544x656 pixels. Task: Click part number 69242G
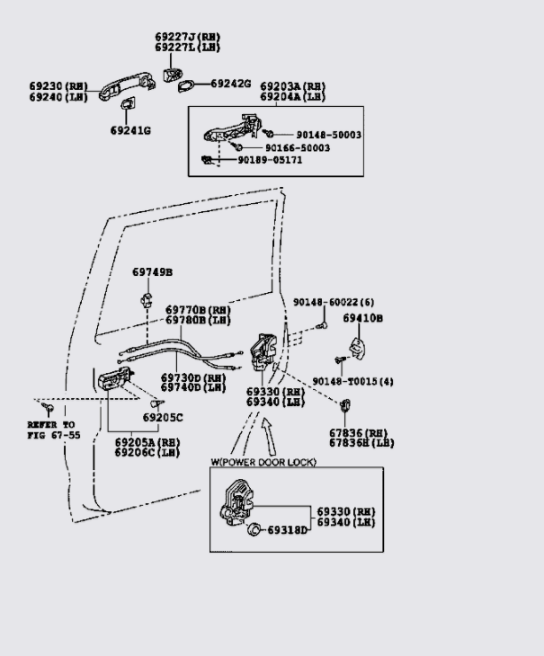[231, 84]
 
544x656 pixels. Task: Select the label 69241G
[130, 130]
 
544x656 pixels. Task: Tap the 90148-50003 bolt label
[316, 135]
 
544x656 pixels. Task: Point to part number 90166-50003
[297, 147]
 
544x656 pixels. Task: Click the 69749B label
[152, 271]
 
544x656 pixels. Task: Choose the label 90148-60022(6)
[333, 302]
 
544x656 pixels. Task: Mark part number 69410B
[363, 318]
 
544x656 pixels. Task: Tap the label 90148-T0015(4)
[352, 382]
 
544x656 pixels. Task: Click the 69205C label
[162, 417]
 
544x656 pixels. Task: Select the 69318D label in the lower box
[287, 530]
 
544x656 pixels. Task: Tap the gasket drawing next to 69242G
[188, 85]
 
